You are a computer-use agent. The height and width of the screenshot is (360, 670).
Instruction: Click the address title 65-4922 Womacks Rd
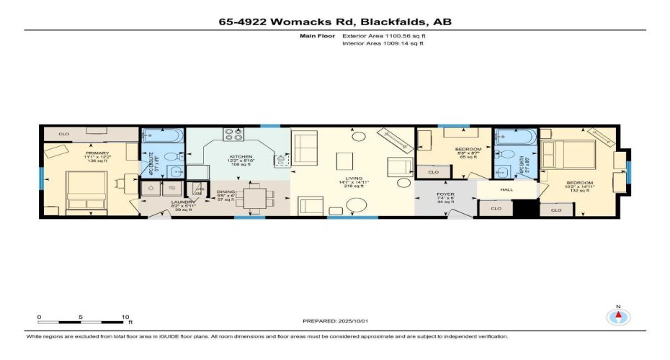point(336,22)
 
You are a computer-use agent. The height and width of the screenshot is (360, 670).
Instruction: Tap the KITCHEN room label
point(241,156)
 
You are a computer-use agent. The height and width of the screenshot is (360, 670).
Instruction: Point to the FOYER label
point(445,195)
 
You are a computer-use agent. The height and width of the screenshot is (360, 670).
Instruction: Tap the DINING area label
point(227,192)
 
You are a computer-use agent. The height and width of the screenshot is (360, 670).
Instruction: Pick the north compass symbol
point(617,316)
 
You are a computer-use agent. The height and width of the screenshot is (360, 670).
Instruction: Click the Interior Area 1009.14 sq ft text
point(383,43)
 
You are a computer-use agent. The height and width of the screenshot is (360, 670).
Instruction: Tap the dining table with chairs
point(256,197)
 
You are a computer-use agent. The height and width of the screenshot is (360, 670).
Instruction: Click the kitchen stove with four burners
point(234,134)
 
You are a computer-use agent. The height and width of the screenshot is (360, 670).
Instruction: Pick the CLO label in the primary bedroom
point(63,134)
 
